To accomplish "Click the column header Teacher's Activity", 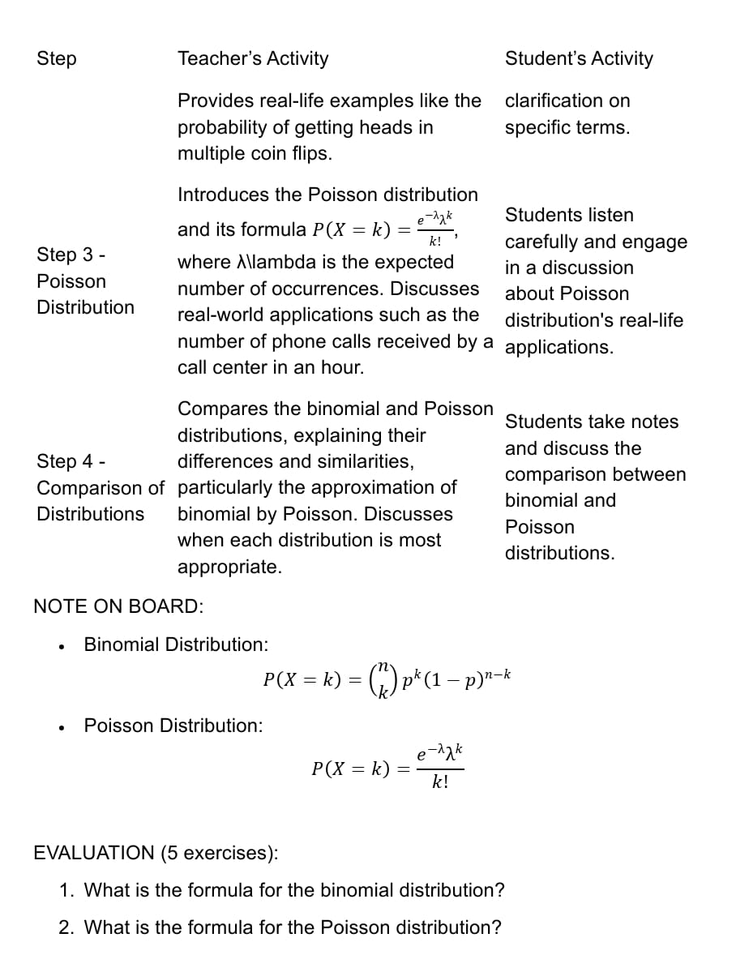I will (253, 58).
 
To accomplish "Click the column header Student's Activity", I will (578, 58).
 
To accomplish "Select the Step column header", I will (57, 58).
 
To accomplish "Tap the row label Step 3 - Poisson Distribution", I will (85, 280).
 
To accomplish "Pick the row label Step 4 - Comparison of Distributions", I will (100, 487).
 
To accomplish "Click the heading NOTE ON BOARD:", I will (118, 606).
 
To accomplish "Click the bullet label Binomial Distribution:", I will (176, 644).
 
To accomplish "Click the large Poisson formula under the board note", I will (387, 767).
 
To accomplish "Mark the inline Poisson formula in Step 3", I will (385, 229).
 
